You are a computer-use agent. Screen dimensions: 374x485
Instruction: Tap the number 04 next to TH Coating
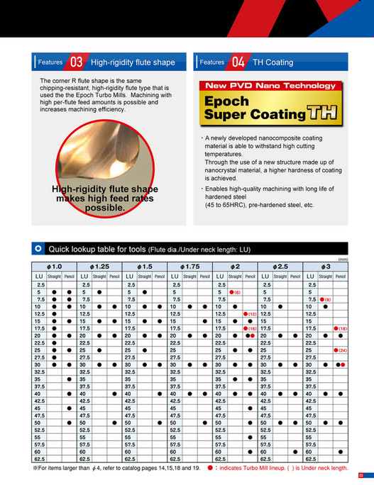pyautogui.click(x=238, y=62)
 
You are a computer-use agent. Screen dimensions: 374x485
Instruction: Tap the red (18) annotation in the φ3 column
pyautogui.click(x=341, y=328)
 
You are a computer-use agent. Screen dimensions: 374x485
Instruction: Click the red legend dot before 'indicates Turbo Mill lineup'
pyautogui.click(x=211, y=468)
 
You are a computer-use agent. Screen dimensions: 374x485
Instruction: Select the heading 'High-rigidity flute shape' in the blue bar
pyautogui.click(x=133, y=62)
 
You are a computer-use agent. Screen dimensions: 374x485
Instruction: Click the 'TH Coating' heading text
pyautogui.click(x=273, y=62)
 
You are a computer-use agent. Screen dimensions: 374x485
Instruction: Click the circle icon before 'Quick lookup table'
pyautogui.click(x=38, y=249)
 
